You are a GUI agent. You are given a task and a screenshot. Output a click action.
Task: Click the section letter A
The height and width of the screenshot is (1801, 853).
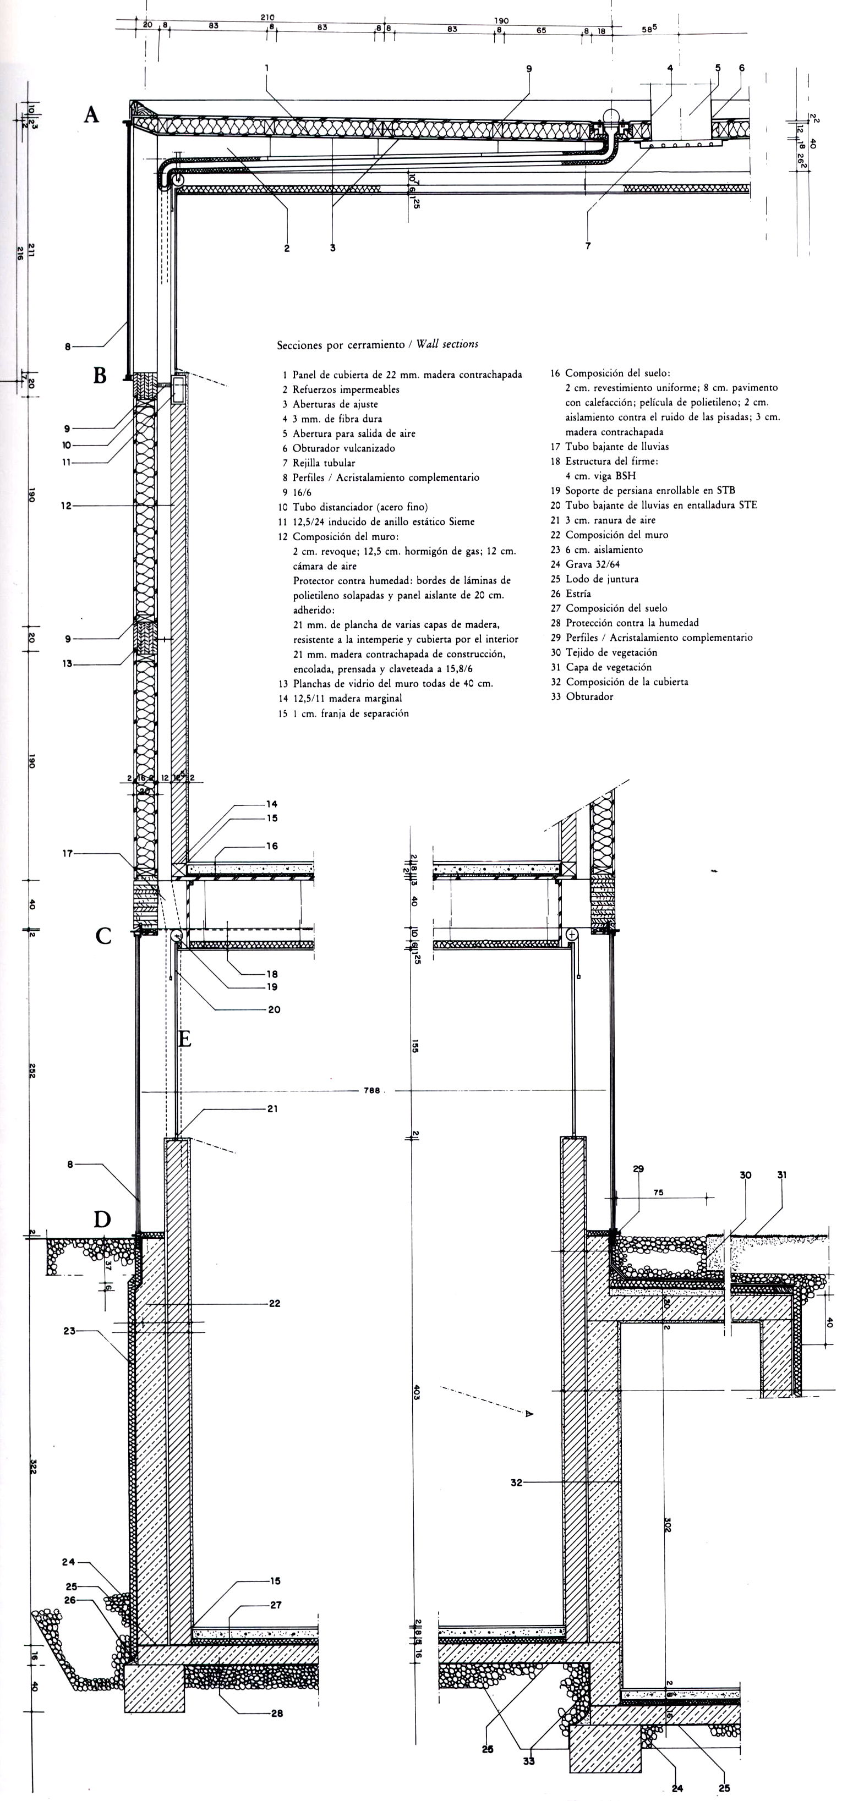[x=91, y=114]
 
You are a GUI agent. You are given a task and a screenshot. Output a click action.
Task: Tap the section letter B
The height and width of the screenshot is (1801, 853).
[x=100, y=376]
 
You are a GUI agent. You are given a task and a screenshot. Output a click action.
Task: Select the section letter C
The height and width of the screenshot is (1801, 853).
[x=103, y=936]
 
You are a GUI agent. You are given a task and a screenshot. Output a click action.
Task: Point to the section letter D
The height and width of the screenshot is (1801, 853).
[x=102, y=1220]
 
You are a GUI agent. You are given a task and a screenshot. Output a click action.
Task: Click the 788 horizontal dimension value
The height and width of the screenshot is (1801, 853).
[x=371, y=1090]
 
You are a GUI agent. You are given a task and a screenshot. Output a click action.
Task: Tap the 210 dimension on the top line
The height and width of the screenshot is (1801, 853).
[x=267, y=18]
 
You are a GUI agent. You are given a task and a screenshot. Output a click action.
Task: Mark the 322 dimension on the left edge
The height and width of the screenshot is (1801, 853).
[x=32, y=1465]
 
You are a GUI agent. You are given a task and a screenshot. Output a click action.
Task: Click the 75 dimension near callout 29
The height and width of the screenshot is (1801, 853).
[x=658, y=1193]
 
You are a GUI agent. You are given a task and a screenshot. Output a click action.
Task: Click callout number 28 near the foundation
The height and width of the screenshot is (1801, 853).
[x=277, y=1713]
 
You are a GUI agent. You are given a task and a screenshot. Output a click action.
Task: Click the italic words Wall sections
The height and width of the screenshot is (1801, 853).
[x=447, y=344]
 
